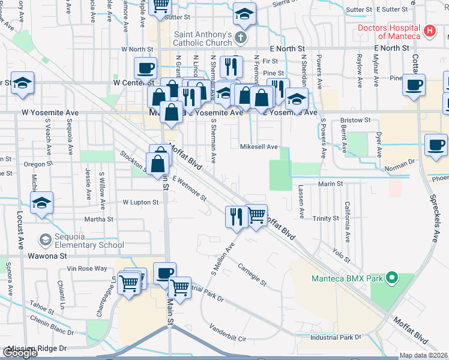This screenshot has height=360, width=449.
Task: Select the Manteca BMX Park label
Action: [348, 278]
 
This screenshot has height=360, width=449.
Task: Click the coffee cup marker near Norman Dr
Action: [436, 145]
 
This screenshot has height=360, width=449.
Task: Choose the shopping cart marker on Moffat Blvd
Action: [257, 215]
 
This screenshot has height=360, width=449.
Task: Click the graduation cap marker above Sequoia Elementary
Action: [41, 203]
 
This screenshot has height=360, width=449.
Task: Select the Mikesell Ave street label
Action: [259, 146]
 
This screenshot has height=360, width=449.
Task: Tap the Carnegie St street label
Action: [251, 273]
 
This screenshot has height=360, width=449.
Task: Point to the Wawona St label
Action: [46, 256]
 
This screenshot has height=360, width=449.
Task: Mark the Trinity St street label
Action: [326, 218]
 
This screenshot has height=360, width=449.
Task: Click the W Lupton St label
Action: [140, 203]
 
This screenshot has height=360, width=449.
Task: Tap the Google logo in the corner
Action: [20, 353]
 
